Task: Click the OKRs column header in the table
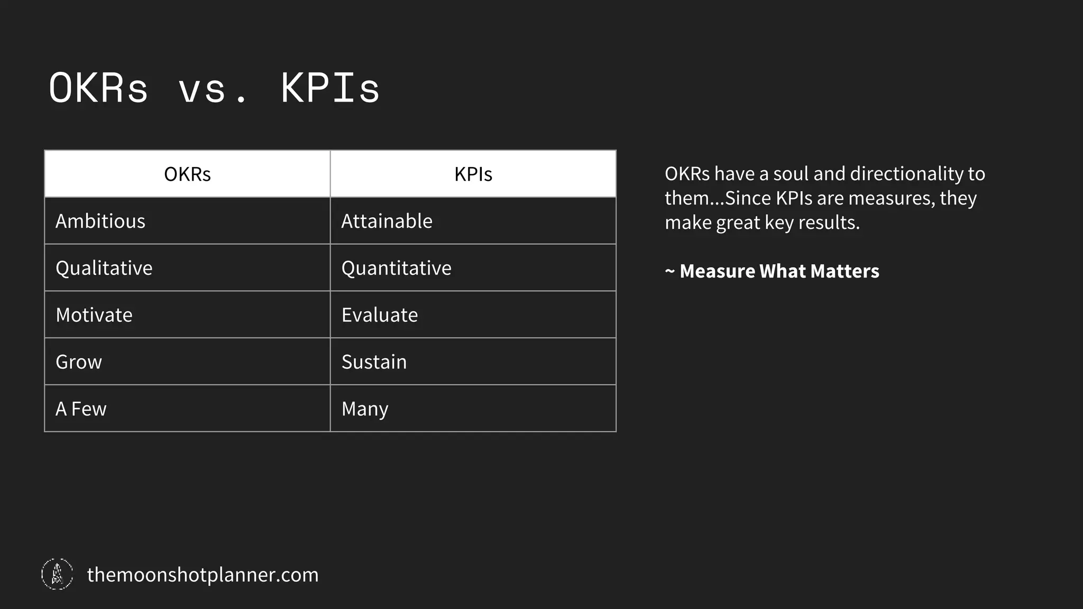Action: (x=187, y=174)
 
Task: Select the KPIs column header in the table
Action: (x=473, y=174)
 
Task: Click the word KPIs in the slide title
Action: (x=330, y=88)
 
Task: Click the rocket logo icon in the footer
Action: (x=57, y=574)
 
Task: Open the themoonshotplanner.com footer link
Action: (x=203, y=575)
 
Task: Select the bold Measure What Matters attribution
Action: (x=779, y=271)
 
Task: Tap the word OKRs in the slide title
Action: (x=98, y=88)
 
